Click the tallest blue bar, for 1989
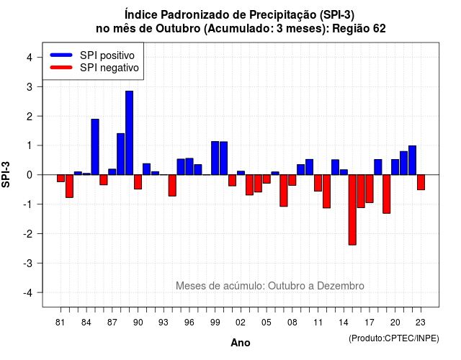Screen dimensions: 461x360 [129, 132]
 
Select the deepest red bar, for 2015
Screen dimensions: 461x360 [352, 210]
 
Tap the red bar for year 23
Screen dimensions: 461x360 [421, 182]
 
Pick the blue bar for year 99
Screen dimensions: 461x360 [215, 158]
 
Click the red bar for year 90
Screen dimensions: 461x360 [138, 182]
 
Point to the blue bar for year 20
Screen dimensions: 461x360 [395, 167]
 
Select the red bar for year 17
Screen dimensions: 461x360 [370, 189]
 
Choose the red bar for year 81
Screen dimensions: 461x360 [61, 179]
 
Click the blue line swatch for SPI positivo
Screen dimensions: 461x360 [61, 55]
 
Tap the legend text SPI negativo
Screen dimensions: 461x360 [109, 68]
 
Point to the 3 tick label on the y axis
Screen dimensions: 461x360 [29, 86]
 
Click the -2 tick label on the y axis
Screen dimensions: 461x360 [27, 233]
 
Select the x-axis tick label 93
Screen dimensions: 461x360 [164, 323]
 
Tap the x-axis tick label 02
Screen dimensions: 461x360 [241, 323]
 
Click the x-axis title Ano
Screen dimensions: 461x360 [241, 343]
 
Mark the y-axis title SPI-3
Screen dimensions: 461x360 [6, 174]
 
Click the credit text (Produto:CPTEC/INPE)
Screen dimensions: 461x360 [394, 338]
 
